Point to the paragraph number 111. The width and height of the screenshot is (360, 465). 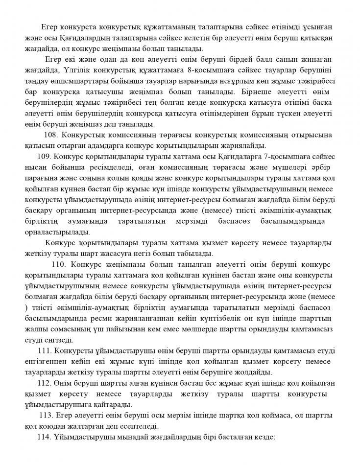(45, 351)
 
